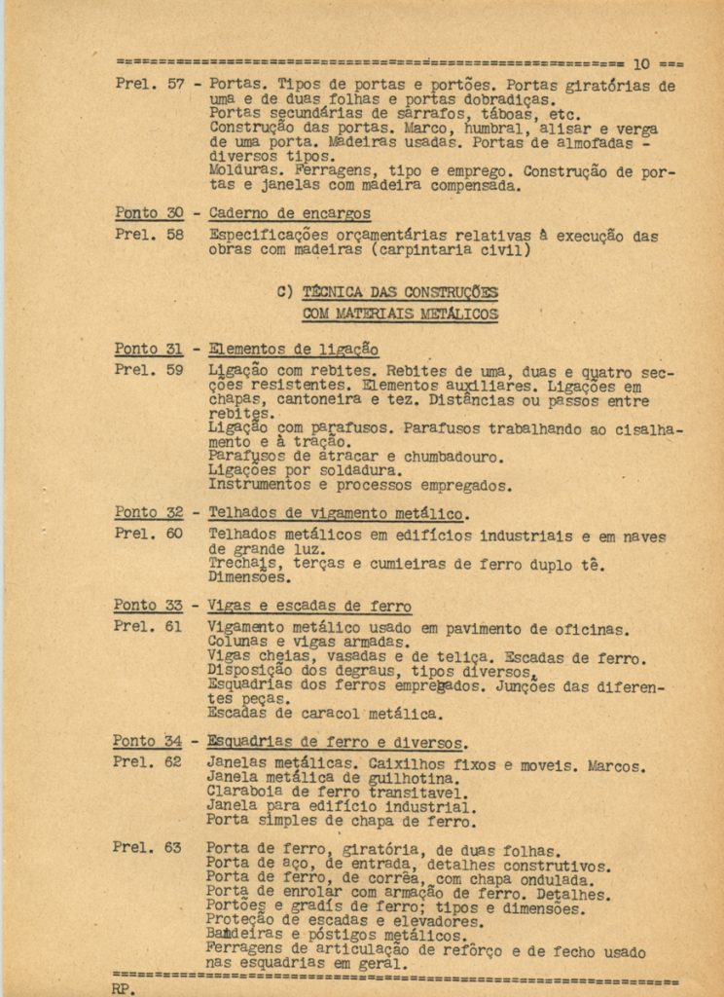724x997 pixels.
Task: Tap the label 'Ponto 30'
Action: pos(149,214)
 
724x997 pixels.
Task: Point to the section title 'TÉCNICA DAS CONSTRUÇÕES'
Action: pos(399,291)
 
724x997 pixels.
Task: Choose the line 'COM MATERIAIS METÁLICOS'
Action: pos(400,314)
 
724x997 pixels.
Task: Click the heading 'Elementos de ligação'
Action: pos(294,350)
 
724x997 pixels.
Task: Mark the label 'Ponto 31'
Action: pos(149,350)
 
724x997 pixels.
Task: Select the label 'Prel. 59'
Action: pos(148,371)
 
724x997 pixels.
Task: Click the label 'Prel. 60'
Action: pos(148,534)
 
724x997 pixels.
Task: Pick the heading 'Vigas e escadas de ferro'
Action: pos(309,607)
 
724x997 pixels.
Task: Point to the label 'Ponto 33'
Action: pos(148,606)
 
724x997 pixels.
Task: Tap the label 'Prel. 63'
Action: pos(147,848)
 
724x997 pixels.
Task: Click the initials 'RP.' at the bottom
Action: pos(125,988)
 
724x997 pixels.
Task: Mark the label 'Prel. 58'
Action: pos(148,235)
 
